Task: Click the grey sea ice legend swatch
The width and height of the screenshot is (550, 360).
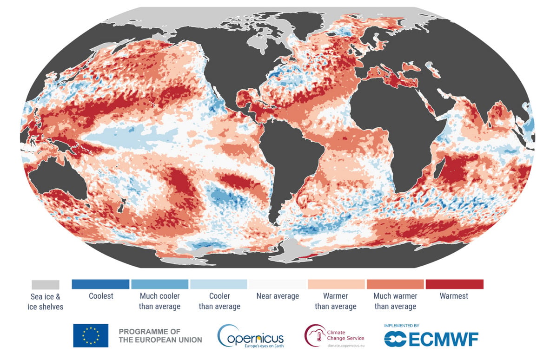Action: (x=45, y=284)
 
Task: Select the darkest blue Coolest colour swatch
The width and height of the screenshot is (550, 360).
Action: (x=101, y=284)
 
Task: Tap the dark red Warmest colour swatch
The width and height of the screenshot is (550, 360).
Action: (x=455, y=284)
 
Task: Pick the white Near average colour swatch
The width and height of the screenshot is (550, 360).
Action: (x=278, y=284)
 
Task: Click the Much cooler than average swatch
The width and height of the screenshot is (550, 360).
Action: (x=159, y=284)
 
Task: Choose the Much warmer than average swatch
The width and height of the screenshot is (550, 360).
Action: (x=395, y=284)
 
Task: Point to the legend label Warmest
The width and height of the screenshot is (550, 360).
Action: (x=454, y=296)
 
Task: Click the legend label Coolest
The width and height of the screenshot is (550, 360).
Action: (x=101, y=296)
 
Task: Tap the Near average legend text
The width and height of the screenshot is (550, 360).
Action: (x=278, y=296)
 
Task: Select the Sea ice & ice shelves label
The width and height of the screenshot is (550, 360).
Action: (x=45, y=301)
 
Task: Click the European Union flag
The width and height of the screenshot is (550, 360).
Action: (x=91, y=335)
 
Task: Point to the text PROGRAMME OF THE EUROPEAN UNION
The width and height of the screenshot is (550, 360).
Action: (x=160, y=336)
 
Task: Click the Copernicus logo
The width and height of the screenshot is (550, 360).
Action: (x=251, y=336)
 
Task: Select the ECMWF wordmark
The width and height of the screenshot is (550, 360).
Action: (x=431, y=339)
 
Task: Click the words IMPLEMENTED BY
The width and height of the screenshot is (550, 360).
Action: (x=402, y=326)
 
